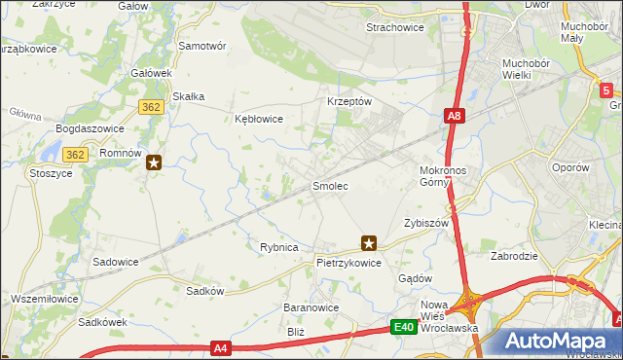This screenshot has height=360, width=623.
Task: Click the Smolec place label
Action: (x=329, y=185)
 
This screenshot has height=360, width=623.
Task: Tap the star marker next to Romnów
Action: (x=154, y=163)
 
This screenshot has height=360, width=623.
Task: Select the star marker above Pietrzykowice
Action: (x=368, y=243)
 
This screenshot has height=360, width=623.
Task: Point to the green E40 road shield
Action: (x=406, y=329)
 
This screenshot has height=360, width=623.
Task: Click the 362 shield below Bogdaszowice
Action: (x=76, y=154)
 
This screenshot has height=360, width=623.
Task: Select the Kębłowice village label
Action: (x=259, y=119)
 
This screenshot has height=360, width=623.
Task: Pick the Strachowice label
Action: (x=394, y=27)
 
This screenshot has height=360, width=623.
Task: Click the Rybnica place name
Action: (x=278, y=247)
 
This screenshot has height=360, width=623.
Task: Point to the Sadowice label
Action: (x=115, y=262)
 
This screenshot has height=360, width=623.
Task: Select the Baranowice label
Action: (x=311, y=306)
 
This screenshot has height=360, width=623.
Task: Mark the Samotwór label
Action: (x=202, y=46)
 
